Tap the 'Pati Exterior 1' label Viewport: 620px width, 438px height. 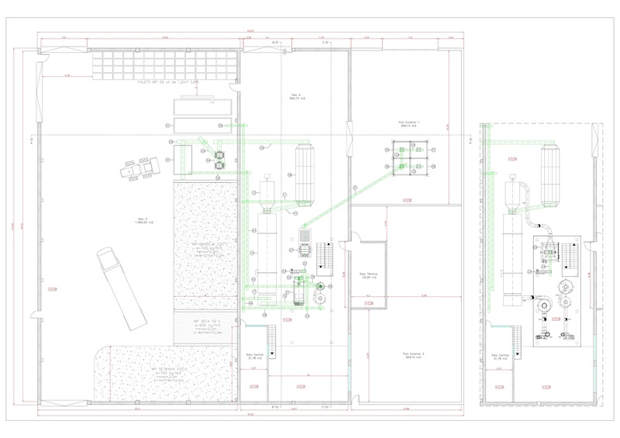click(408, 123)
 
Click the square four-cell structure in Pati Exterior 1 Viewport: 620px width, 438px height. click(409, 158)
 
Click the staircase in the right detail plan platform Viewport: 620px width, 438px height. click(567, 256)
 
